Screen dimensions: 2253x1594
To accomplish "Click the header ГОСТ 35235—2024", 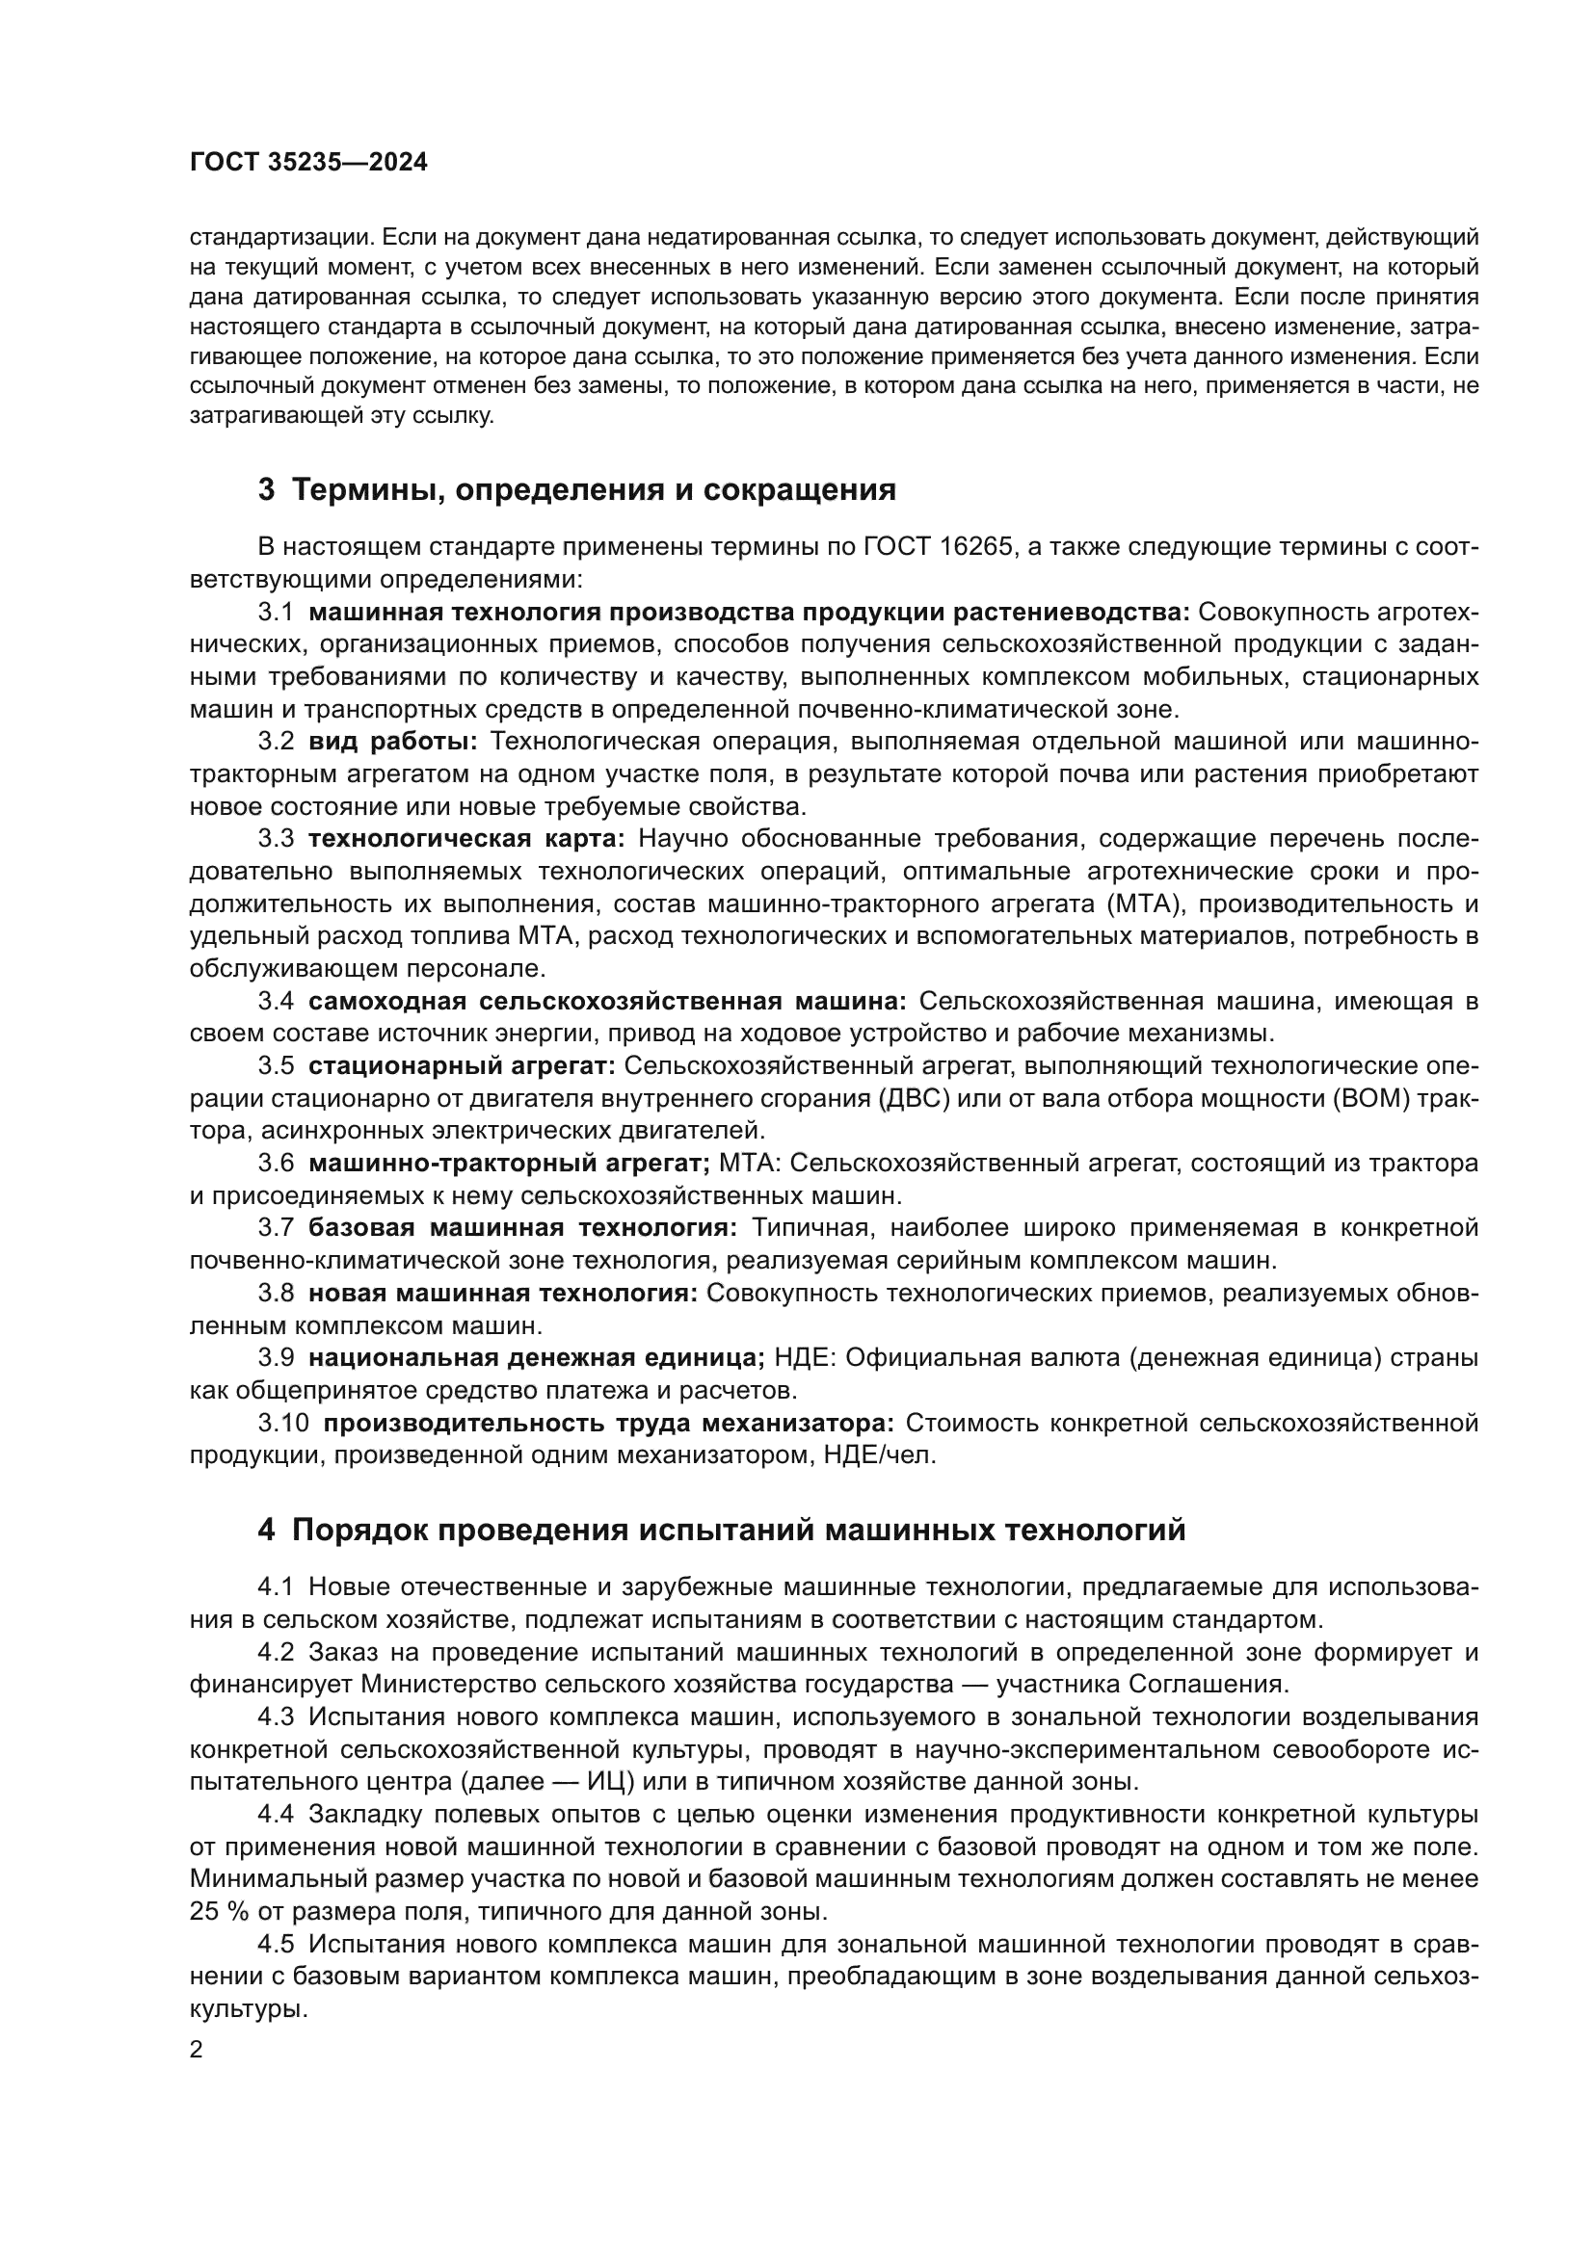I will click(308, 163).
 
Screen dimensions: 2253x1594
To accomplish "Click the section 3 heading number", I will click(266, 489).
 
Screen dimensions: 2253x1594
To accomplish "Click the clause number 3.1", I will click(276, 613).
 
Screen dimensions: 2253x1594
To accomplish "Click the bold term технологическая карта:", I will click(466, 839).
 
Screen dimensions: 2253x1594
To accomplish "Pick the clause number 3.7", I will click(276, 1228).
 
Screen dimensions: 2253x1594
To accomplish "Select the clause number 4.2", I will click(276, 1653).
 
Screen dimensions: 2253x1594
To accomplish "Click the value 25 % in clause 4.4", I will click(216, 1911).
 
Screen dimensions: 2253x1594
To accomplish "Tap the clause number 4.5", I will click(276, 1944).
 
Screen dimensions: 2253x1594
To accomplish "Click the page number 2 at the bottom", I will click(197, 2050).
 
